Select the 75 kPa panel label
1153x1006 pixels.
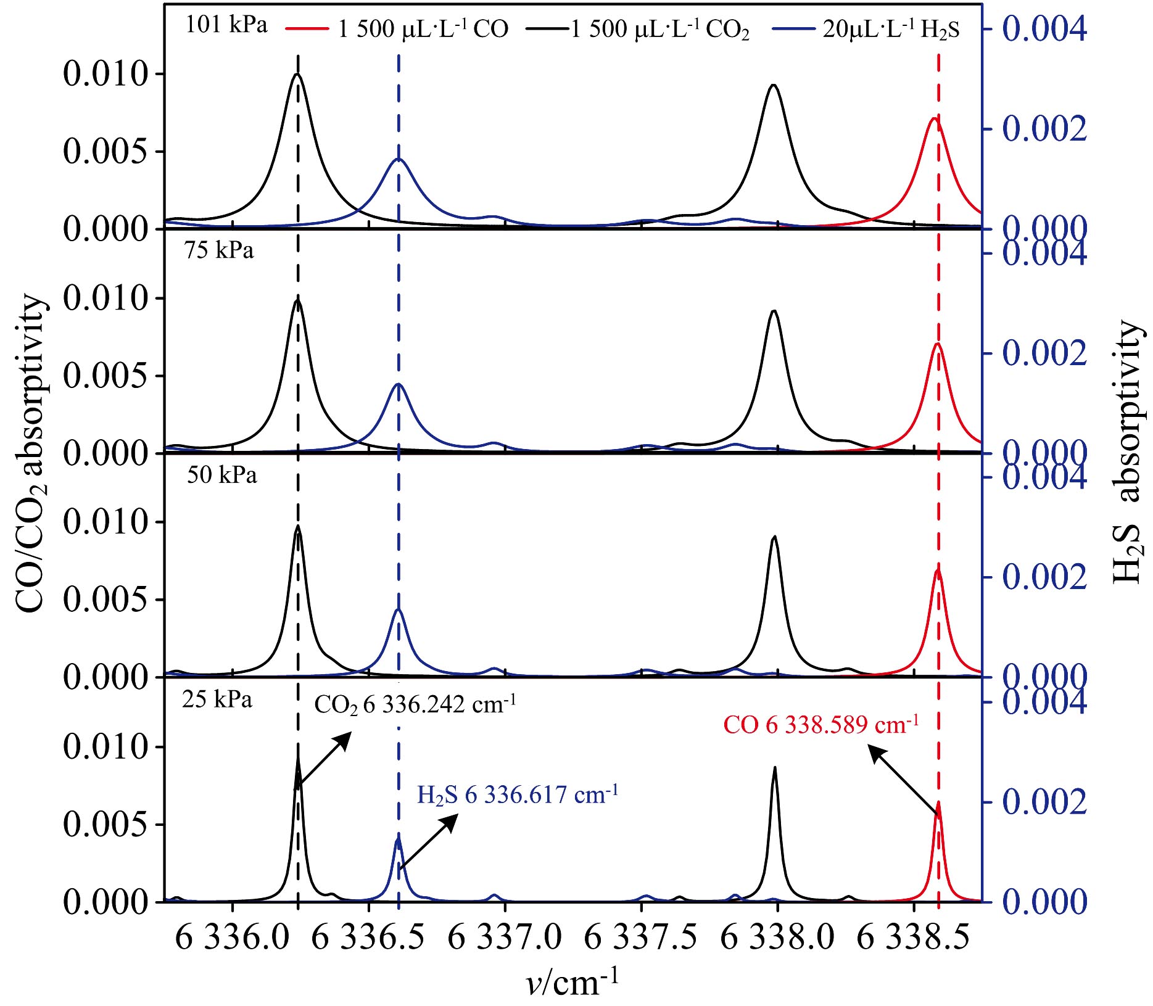pos(219,250)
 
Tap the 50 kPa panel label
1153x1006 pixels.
pos(222,475)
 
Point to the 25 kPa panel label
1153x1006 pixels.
pos(217,699)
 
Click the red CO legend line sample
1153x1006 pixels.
pos(307,28)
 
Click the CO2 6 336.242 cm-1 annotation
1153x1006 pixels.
pos(415,704)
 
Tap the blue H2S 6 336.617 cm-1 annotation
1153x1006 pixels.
pos(518,794)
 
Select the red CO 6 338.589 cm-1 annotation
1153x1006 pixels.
pos(820,724)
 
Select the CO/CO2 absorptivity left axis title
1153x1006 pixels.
pos(31,453)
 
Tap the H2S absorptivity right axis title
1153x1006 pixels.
pos(1128,453)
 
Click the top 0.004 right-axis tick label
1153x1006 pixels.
pos(1044,28)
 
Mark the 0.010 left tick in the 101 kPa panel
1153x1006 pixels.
pos(105,74)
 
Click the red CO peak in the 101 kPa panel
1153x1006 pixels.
pos(935,118)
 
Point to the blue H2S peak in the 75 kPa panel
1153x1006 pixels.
pos(399,384)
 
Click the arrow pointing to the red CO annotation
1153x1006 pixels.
pos(904,780)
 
